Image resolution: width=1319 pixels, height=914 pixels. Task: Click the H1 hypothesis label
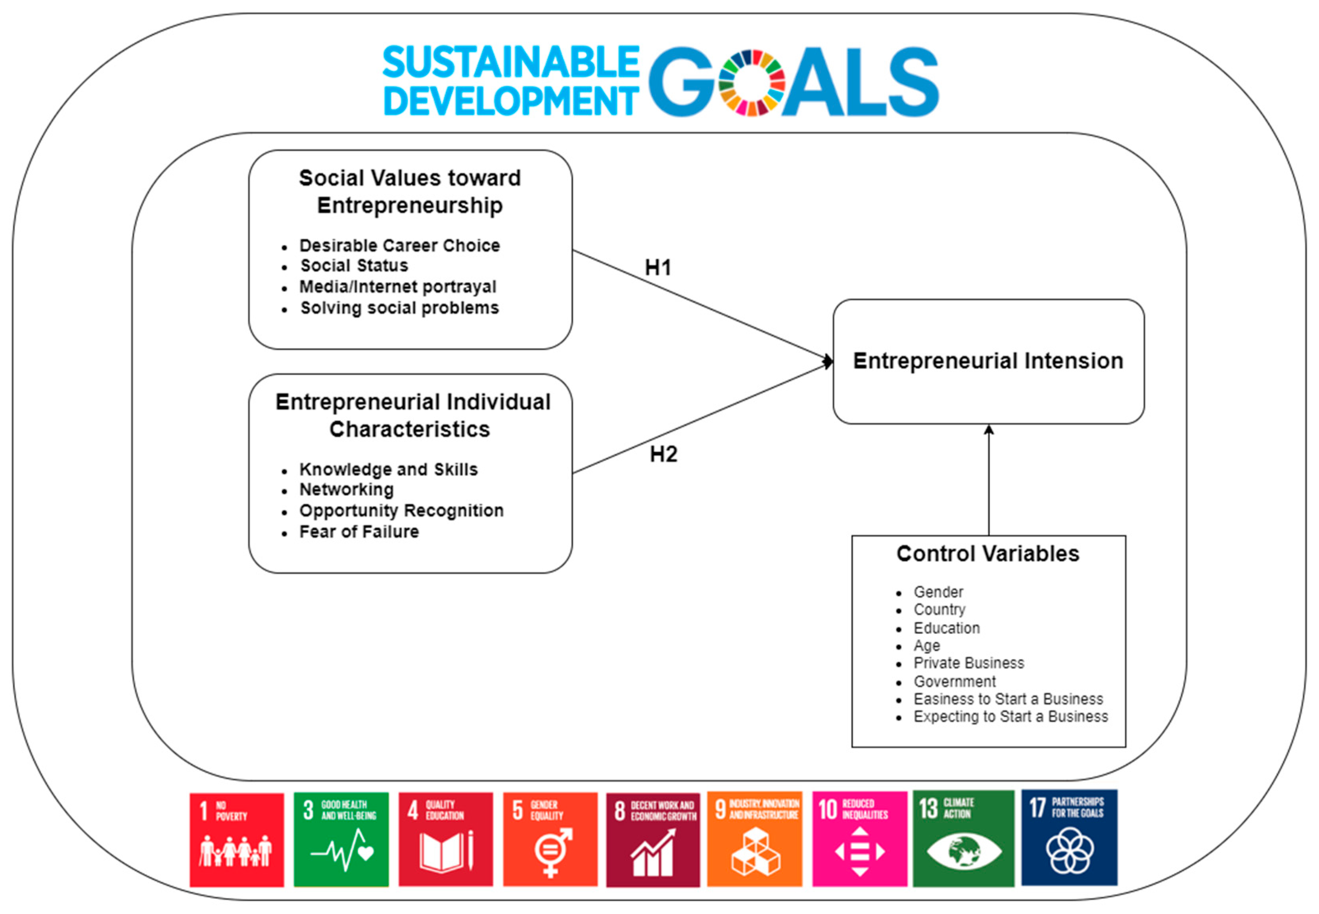658,267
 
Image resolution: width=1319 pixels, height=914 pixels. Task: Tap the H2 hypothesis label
663,454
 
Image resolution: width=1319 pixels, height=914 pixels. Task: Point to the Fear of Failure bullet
359,532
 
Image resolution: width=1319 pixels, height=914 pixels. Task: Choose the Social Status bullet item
355,266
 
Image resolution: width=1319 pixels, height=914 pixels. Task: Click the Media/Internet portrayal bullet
398,286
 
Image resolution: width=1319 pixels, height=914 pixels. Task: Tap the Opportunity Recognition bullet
401,510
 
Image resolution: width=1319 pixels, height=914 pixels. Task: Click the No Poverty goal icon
236,839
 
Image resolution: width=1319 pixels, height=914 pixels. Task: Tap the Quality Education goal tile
445,839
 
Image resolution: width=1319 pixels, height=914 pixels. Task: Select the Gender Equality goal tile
550,839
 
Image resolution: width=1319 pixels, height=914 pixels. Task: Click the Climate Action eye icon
964,851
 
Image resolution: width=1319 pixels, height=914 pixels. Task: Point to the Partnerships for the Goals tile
1069,838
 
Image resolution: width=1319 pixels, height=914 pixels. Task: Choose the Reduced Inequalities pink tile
859,839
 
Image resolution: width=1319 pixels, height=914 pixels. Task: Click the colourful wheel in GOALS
751,83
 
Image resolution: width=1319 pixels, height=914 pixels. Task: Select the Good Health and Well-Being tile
341,839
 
